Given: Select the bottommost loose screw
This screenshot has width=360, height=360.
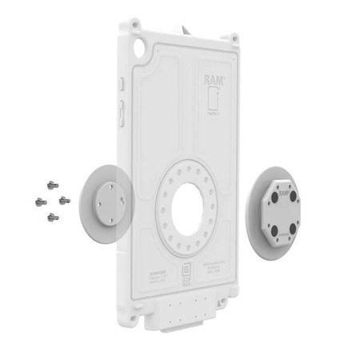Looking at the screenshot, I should point(53,217).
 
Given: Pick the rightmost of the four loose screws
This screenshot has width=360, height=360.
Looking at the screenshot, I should point(64,198).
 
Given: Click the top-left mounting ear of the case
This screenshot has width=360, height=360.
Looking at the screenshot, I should point(125,25).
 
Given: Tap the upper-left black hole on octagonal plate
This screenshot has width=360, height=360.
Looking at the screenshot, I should point(274,193).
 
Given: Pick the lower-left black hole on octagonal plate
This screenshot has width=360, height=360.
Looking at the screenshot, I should point(274,230).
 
